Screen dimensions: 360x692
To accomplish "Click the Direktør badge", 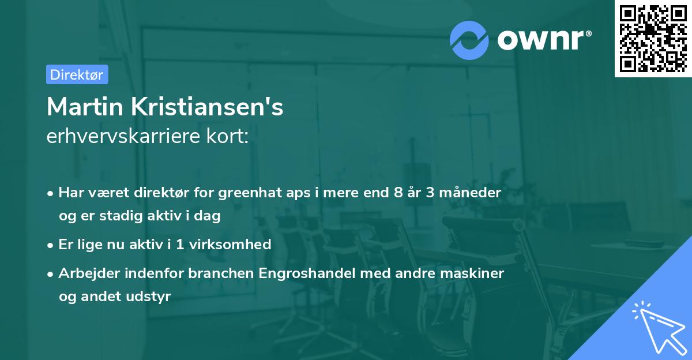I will point(77,74).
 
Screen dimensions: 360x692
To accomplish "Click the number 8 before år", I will point(398,192).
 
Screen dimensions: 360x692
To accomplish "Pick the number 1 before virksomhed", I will point(180,244).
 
